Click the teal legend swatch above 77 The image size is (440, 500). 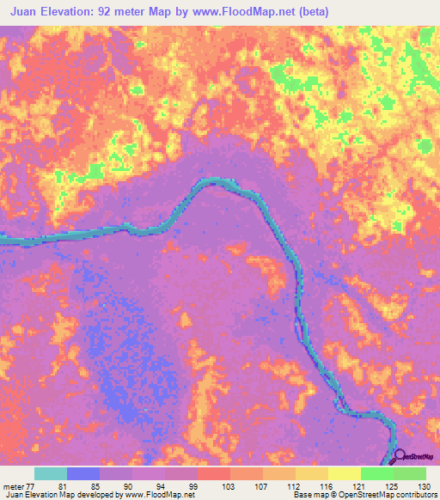click(x=51, y=473)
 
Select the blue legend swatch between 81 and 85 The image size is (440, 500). click(x=83, y=473)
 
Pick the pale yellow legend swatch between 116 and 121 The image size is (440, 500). click(x=345, y=473)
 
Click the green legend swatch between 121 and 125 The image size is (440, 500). click(x=377, y=473)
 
